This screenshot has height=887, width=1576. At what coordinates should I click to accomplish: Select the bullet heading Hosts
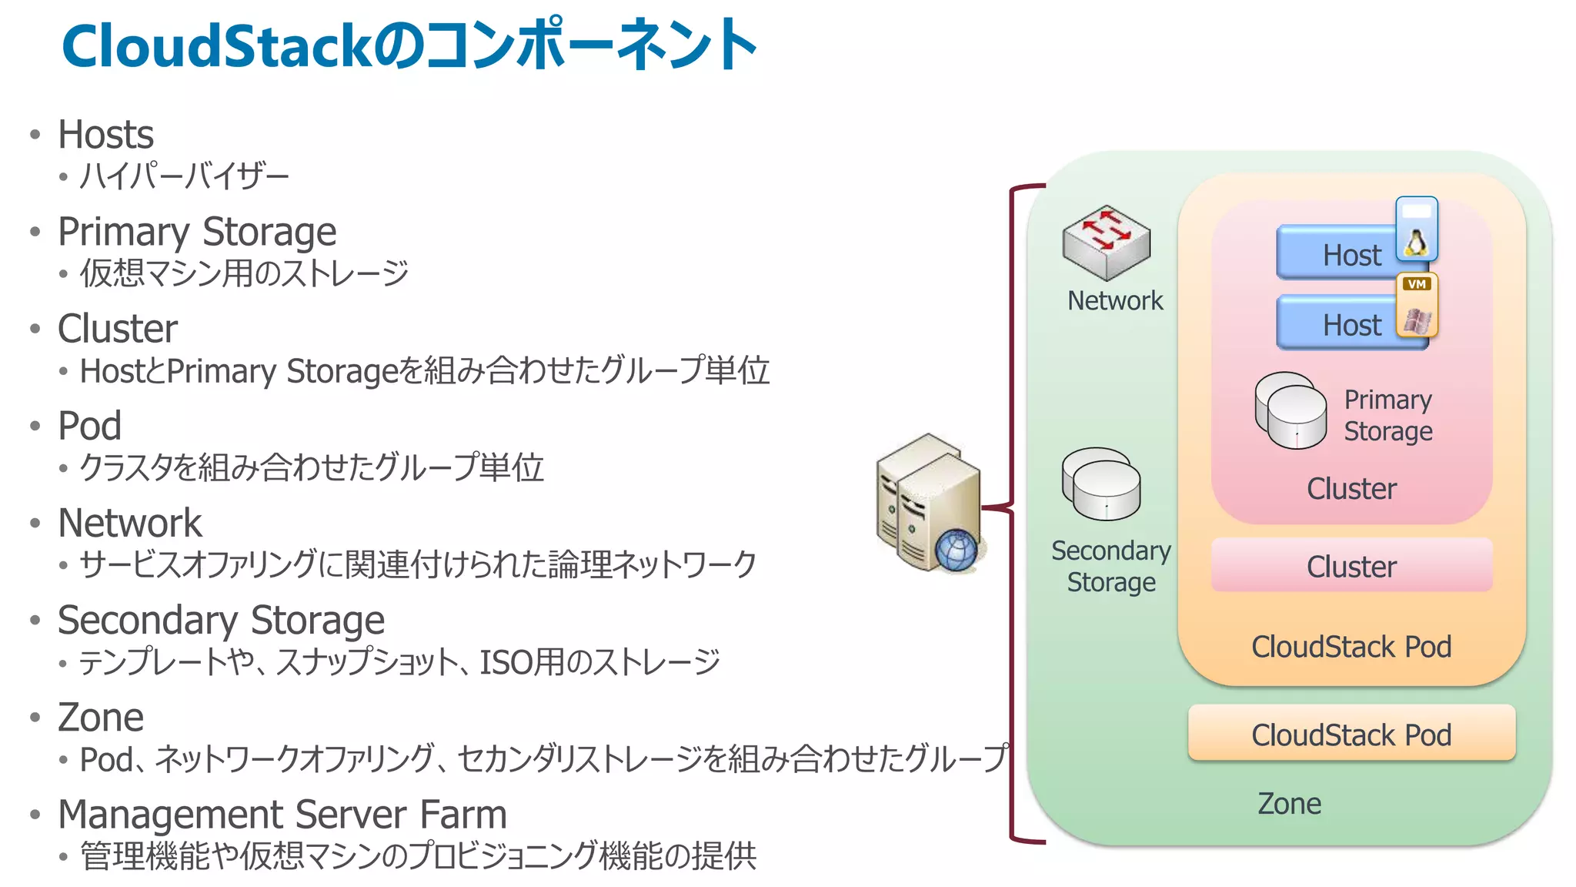(106, 135)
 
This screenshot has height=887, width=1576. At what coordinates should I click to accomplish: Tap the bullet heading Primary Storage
(197, 232)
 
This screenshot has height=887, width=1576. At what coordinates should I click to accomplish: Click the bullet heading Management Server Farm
(282, 815)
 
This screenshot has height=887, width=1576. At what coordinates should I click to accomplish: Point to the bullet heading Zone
(101, 718)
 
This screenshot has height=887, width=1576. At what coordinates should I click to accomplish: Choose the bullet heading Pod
(90, 426)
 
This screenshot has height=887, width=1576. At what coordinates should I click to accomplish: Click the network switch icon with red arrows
(1106, 242)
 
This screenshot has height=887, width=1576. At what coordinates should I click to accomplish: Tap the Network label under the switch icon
(1115, 300)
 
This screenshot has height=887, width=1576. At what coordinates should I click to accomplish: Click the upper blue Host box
(1336, 253)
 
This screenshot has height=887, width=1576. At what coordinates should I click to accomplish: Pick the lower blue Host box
(1336, 323)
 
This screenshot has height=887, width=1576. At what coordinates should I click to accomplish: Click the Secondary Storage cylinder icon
(1101, 484)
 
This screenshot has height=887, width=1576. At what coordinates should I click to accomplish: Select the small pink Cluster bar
(1351, 566)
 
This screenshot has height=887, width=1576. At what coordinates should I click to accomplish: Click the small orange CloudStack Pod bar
(1351, 734)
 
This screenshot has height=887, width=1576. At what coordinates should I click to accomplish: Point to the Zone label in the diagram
(1289, 804)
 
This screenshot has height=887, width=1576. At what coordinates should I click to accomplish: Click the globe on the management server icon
(957, 550)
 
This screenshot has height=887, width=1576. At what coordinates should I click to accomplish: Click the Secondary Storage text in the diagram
(1111, 566)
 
